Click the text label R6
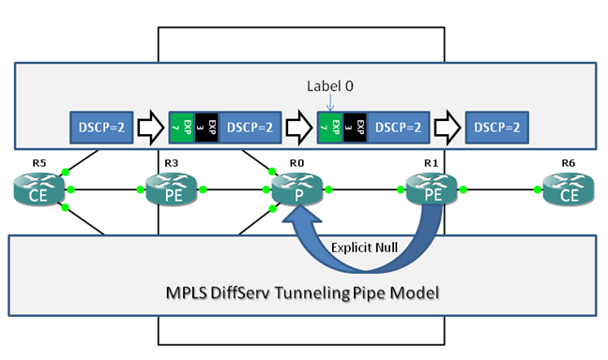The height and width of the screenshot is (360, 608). pyautogui.click(x=568, y=163)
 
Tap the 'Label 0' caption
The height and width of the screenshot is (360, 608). pyautogui.click(x=330, y=86)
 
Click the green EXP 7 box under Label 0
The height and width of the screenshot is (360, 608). pyautogui.click(x=325, y=126)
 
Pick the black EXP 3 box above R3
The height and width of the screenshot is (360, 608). pyautogui.click(x=211, y=126)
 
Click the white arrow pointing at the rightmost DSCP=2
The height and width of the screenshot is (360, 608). pyautogui.click(x=447, y=126)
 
